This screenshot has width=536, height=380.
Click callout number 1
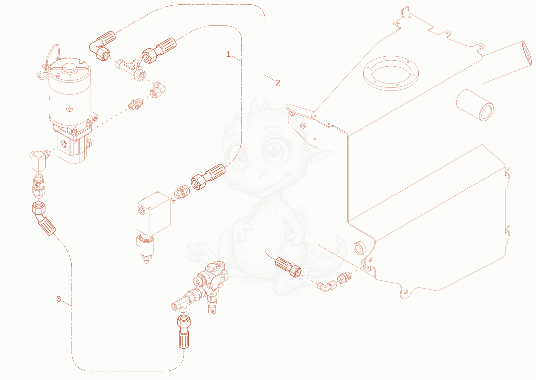(228, 54)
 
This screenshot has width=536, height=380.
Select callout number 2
(278, 82)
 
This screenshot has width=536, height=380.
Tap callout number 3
(59, 299)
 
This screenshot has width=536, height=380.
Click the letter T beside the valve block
(174, 202)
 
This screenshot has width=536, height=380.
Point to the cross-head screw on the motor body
(70, 109)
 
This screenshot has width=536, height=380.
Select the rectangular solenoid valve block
(154, 214)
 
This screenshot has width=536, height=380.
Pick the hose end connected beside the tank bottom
(288, 267)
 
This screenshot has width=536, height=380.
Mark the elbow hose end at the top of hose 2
(102, 46)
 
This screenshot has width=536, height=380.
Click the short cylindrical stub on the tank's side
(475, 105)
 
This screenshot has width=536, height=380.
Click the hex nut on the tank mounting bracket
(303, 125)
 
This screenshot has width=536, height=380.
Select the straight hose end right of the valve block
(208, 177)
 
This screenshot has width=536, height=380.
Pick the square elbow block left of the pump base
(38, 161)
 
